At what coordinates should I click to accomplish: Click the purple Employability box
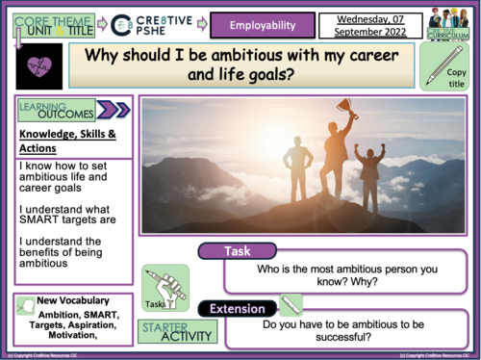[x=263, y=22]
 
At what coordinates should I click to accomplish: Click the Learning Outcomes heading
[x=54, y=111]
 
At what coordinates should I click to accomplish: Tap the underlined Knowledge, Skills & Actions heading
[x=63, y=141]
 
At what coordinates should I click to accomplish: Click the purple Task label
[x=238, y=250]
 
